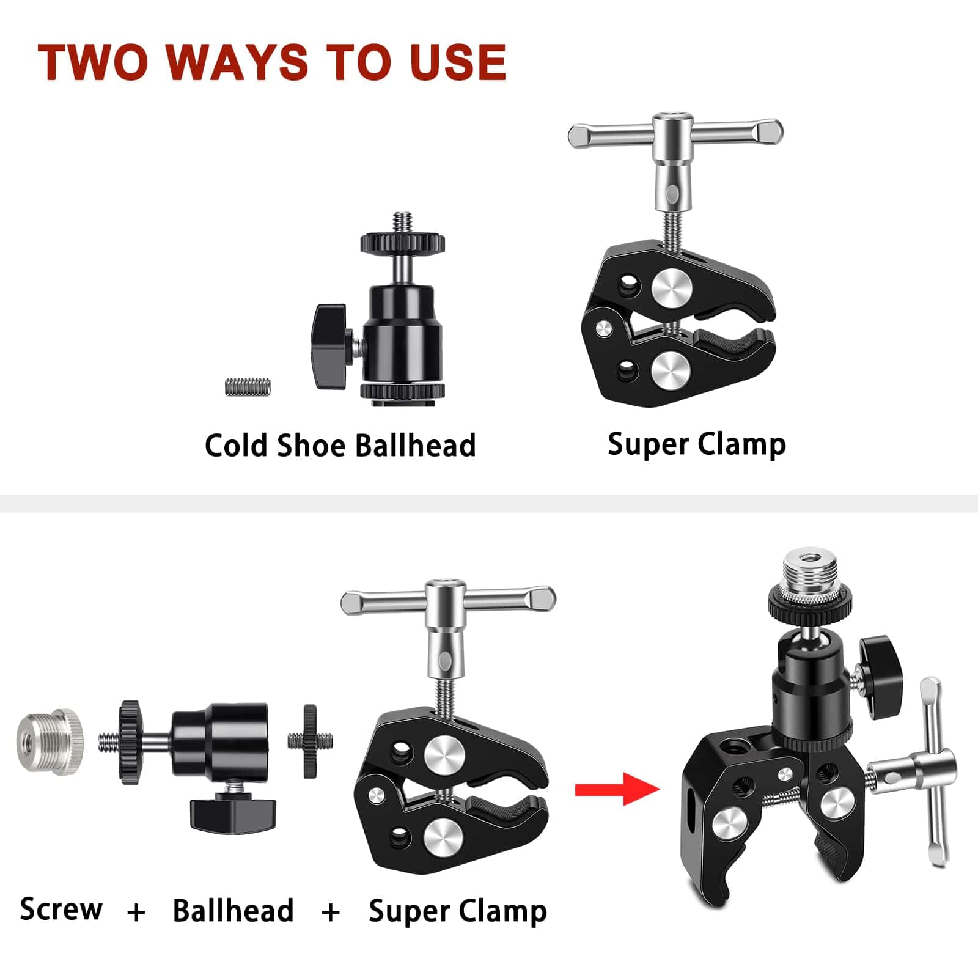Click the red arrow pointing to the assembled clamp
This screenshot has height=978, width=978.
pyautogui.click(x=617, y=789)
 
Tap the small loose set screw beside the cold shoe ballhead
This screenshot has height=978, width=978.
pyautogui.click(x=248, y=386)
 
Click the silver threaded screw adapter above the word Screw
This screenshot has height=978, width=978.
pyautogui.click(x=48, y=741)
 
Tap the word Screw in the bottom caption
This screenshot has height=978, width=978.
pyautogui.click(x=61, y=909)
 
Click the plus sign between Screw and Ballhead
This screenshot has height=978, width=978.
pyautogui.click(x=137, y=913)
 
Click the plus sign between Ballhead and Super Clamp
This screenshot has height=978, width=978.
pyautogui.click(x=331, y=913)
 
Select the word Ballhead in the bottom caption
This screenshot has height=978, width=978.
pyautogui.click(x=233, y=910)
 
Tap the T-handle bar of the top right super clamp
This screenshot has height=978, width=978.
pyautogui.click(x=675, y=134)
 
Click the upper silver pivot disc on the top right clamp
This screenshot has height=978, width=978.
pyautogui.click(x=672, y=288)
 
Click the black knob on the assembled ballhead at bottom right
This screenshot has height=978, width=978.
pyautogui.click(x=880, y=677)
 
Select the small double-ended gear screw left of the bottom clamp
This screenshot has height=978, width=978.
pyautogui.click(x=311, y=741)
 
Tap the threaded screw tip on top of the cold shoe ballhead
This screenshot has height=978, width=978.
pyautogui.click(x=402, y=222)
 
